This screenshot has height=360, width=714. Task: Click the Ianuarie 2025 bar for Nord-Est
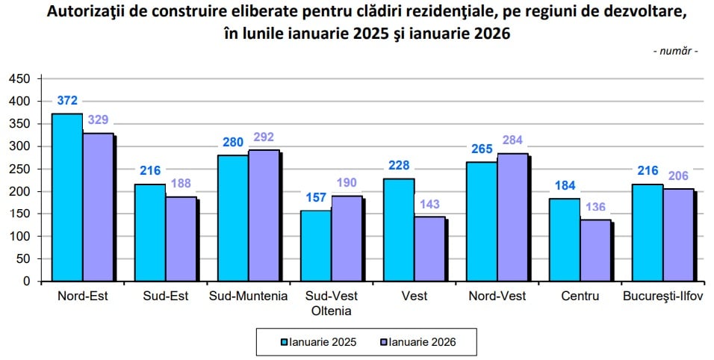[66, 197]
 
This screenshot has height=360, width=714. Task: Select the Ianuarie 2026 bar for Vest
[429, 249]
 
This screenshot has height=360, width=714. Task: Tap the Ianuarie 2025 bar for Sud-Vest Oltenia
[315, 246]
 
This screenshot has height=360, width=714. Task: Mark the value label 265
[482, 149]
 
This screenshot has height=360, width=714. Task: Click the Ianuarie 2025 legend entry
[317, 343]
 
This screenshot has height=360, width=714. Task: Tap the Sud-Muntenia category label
[248, 296]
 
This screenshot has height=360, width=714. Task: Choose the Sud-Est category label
[165, 296]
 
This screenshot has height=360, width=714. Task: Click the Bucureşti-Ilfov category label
[662, 296]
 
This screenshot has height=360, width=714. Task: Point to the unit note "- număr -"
[675, 52]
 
